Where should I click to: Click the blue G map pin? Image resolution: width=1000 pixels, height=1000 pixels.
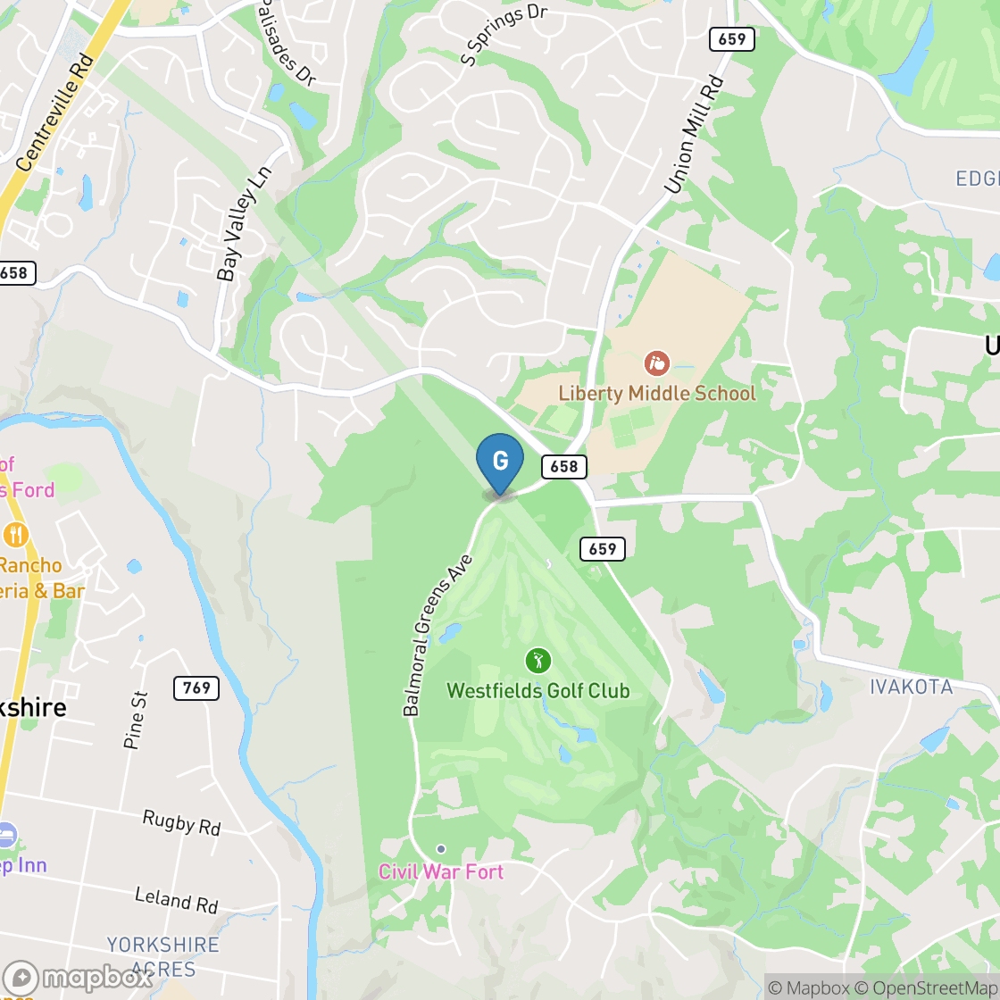tap(500, 462)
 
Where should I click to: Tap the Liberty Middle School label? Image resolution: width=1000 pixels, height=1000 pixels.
tap(656, 393)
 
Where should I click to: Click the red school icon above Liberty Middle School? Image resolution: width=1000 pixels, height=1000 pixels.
tap(656, 363)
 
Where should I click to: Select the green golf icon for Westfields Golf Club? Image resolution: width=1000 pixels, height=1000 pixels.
tap(537, 662)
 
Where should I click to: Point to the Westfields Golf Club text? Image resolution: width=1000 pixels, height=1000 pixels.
tap(537, 690)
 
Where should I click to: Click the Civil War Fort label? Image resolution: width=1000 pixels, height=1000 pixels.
tap(441, 871)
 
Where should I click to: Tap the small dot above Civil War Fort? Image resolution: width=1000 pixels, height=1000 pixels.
tap(440, 848)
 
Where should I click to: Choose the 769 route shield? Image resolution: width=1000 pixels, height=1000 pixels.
tap(196, 687)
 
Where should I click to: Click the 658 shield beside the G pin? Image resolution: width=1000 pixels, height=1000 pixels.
tap(563, 466)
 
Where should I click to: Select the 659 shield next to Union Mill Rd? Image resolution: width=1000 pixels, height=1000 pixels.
tap(732, 39)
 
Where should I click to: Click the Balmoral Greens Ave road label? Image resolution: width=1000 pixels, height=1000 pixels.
tap(437, 635)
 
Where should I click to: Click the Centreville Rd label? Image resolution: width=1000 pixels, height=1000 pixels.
tap(55, 112)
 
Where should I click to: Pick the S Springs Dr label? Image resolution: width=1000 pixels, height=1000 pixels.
tap(503, 36)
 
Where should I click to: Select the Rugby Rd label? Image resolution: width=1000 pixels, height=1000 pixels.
tap(181, 822)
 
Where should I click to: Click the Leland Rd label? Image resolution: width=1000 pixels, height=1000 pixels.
tap(176, 899)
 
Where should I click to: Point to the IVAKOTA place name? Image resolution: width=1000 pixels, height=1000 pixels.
tap(912, 687)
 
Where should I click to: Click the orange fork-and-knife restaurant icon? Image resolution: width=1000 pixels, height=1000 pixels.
tap(15, 535)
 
